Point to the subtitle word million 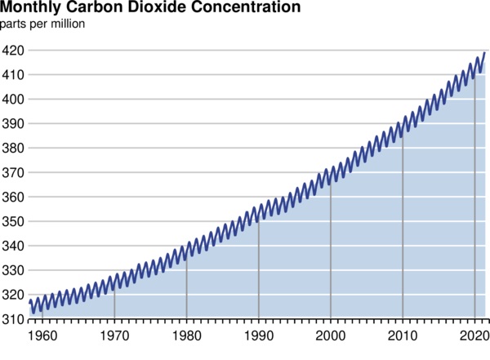coord(68,23)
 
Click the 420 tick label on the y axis coord(12,51)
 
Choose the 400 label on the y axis coord(12,100)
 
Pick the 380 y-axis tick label coord(12,149)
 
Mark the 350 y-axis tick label coord(12,222)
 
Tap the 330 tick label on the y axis coord(12,271)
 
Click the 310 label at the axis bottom coord(12,320)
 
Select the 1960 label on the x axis coord(42,335)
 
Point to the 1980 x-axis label coord(187,335)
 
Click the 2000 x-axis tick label coord(331,335)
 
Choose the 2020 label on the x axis coord(474,335)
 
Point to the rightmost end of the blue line coord(485,53)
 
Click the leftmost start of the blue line coord(29,303)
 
